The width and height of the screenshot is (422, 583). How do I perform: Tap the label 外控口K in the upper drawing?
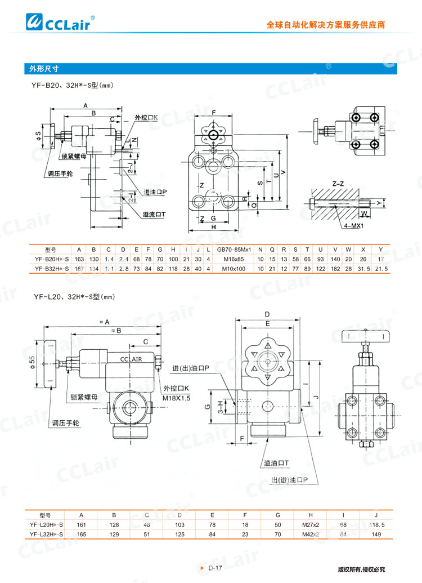point(146,118)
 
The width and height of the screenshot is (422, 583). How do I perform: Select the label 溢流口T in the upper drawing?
point(154,214)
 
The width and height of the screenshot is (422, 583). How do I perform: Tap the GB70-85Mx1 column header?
point(234,250)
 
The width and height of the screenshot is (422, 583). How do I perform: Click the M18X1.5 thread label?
point(177,398)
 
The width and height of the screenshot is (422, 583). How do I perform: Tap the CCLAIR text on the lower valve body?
point(131,359)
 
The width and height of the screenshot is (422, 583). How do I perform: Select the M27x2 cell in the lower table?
point(310,524)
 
